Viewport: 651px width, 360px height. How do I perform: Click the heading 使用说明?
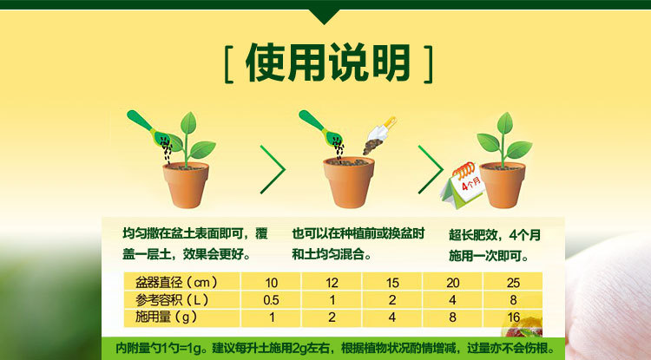pyautogui.click(x=328, y=63)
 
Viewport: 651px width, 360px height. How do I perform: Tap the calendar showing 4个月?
pyautogui.click(x=462, y=186)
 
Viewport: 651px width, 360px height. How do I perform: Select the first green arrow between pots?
pyautogui.click(x=273, y=169)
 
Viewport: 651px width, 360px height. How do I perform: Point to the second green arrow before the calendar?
pyautogui.click(x=431, y=169)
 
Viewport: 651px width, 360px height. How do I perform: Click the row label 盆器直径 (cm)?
pyautogui.click(x=176, y=283)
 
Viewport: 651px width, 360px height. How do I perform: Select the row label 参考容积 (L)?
pyautogui.click(x=172, y=300)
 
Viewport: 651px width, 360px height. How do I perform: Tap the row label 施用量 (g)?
pyautogui.click(x=166, y=317)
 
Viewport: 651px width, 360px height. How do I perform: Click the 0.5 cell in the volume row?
pyautogui.click(x=271, y=300)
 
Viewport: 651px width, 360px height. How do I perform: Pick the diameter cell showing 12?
pyautogui.click(x=332, y=283)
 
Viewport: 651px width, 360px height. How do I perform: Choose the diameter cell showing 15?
pyautogui.click(x=392, y=283)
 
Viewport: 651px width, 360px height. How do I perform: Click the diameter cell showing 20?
pyautogui.click(x=452, y=283)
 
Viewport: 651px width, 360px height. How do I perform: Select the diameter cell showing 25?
pyautogui.click(x=513, y=283)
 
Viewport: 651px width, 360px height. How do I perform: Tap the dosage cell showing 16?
pyautogui.click(x=513, y=317)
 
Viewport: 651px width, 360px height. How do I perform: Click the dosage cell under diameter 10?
pyautogui.click(x=271, y=317)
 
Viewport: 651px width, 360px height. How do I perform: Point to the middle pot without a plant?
pyautogui.click(x=349, y=181)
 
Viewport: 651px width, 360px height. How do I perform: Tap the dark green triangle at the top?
pyautogui.click(x=325, y=16)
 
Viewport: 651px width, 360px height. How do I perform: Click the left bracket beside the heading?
pyautogui.click(x=228, y=64)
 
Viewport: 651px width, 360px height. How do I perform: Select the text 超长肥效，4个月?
pyautogui.click(x=495, y=235)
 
